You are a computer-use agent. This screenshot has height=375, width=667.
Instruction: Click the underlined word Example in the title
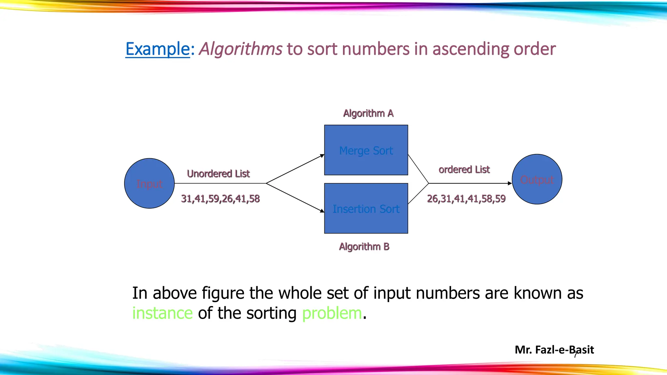click(x=158, y=49)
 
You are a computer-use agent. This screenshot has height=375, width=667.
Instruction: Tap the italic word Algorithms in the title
click(x=240, y=49)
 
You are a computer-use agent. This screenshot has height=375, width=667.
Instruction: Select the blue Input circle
click(x=149, y=183)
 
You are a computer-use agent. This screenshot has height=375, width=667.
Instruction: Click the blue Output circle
click(x=537, y=179)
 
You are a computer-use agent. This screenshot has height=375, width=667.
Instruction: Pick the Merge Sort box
click(x=366, y=150)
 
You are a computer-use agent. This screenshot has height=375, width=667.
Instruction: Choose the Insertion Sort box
click(x=366, y=208)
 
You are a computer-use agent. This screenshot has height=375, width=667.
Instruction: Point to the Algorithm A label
click(x=368, y=113)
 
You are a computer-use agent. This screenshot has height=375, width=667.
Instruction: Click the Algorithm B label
click(x=364, y=246)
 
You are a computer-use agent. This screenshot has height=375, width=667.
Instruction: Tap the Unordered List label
click(x=218, y=174)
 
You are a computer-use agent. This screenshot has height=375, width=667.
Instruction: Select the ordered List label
click(x=464, y=169)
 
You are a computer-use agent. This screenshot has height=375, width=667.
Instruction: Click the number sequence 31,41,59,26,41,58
click(x=220, y=199)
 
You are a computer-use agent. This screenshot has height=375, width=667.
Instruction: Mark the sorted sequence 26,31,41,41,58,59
click(x=466, y=199)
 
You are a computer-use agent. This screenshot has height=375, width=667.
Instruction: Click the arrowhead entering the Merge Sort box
click(x=322, y=156)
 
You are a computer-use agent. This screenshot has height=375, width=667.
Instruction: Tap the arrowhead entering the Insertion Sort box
click(x=322, y=211)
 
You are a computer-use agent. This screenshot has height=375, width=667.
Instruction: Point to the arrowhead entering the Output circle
click(x=510, y=183)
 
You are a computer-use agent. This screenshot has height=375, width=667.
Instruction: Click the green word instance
click(x=162, y=313)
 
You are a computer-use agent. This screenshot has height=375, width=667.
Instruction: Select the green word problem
click(x=332, y=313)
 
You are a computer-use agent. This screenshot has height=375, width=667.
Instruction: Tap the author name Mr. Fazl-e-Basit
click(x=554, y=350)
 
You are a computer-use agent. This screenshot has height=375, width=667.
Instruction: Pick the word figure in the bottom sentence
click(x=223, y=293)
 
